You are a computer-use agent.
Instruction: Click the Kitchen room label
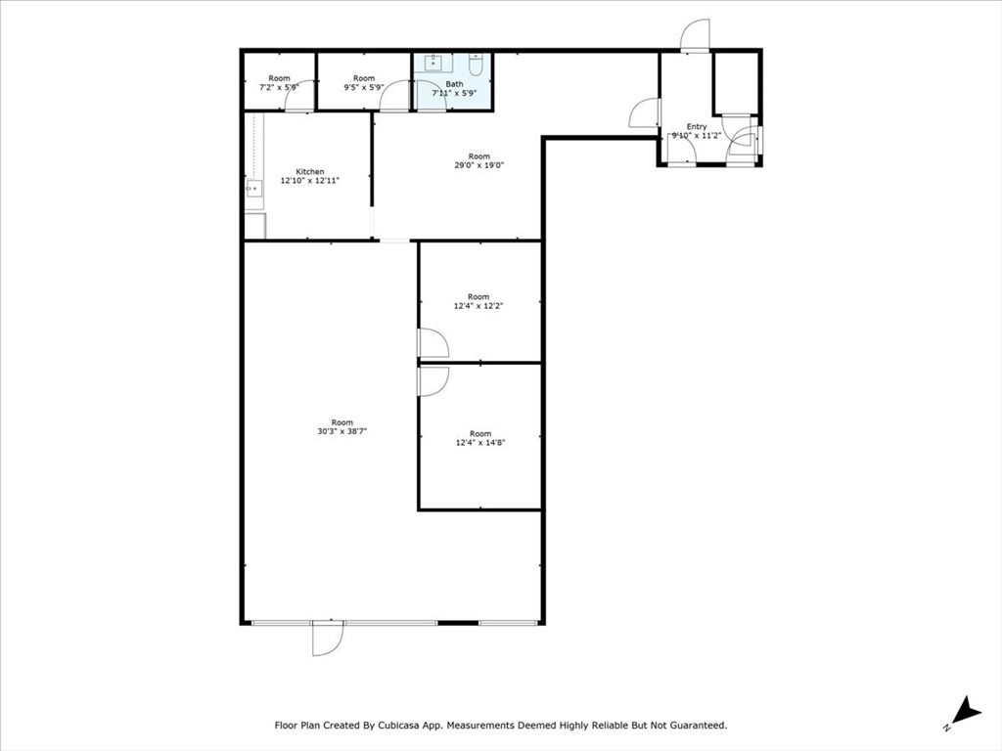pos(309,172)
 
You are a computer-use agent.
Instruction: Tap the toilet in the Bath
pos(476,66)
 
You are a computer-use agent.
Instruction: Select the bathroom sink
pos(433,65)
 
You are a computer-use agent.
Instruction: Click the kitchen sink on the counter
pos(253,189)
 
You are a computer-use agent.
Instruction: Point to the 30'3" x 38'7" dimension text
pos(342,431)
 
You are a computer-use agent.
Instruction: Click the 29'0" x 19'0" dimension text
pos(478,165)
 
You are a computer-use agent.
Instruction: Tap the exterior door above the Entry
pos(695,36)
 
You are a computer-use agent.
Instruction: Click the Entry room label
pos(697,127)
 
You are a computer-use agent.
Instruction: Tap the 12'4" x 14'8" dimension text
pos(479,442)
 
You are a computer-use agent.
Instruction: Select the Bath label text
pos(454,84)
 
